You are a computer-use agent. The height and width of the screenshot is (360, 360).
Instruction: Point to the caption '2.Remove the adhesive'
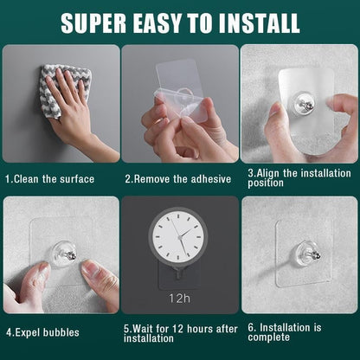pyautogui.click(x=177, y=179)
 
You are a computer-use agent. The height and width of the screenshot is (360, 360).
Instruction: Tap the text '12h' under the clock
pyautogui.click(x=179, y=299)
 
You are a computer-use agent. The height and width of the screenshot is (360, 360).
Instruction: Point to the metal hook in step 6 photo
pyautogui.click(x=307, y=254)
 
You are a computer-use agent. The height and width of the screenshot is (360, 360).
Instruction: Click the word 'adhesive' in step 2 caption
pyautogui.click(x=209, y=179)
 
